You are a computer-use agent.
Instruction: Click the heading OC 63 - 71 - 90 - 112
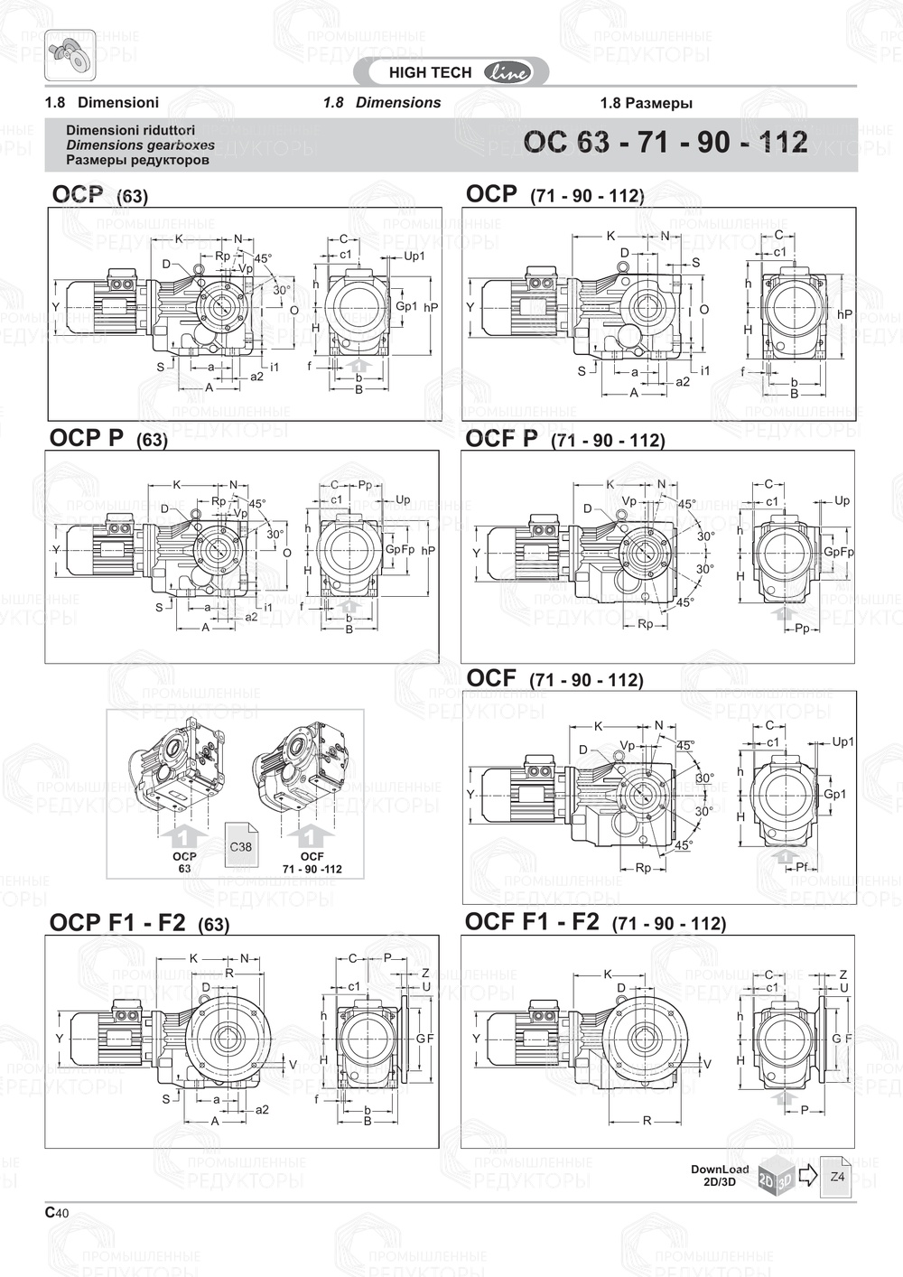[x=666, y=143]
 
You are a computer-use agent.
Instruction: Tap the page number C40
[x=57, y=1213]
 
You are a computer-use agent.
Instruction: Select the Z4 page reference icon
[x=836, y=1177]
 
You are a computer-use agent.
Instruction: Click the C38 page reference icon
[x=241, y=845]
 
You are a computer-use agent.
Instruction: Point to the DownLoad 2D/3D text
[x=720, y=1175]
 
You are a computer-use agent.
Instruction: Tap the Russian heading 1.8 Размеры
[x=646, y=103]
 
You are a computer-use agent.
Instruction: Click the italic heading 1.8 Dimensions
[x=382, y=102]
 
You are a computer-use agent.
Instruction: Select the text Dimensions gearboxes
[x=140, y=144]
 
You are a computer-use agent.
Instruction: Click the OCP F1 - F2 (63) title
[x=139, y=922]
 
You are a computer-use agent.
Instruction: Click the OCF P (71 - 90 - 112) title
[x=564, y=439]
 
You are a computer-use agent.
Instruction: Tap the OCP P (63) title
[x=108, y=439]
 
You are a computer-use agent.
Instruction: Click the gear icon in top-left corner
[x=70, y=53]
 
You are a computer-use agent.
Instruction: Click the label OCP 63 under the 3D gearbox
[x=184, y=862]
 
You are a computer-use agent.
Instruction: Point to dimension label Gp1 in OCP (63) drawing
[x=406, y=306]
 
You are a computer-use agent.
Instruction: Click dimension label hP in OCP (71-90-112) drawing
[x=844, y=313]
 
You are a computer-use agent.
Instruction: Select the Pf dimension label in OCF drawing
[x=801, y=867]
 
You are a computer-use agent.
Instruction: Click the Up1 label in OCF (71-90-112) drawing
[x=842, y=741]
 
